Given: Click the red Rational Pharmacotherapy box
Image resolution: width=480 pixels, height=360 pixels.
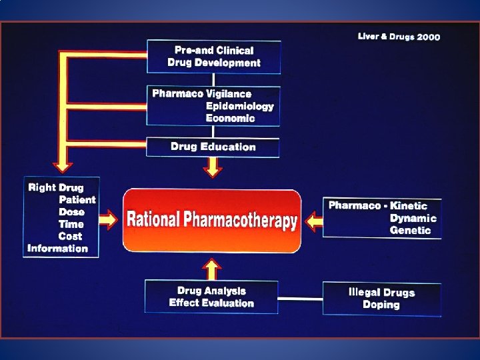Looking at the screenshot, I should tap(212, 220).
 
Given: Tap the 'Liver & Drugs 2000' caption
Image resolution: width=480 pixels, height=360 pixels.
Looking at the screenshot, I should tap(399, 37).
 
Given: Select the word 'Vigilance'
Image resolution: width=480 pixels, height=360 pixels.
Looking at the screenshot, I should tap(229, 94).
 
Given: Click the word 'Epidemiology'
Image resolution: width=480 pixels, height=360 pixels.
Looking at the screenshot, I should tap(239, 106).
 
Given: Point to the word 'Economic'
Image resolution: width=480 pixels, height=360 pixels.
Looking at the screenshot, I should tap(230, 118).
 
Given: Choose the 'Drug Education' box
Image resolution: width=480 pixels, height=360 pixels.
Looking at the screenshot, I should tap(213, 147).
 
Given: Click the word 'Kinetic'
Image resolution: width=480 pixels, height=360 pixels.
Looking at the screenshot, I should tap(409, 206).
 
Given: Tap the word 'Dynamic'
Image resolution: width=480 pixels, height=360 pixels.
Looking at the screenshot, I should tap(413, 218).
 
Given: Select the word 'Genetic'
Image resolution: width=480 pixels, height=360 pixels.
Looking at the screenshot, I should tap(410, 230).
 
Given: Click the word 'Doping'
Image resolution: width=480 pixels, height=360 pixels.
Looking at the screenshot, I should tap(381, 305).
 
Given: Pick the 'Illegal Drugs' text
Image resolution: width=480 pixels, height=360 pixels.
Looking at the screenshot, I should tap(381, 292).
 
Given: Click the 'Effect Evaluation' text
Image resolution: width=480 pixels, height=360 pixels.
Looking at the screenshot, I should tap(211, 303).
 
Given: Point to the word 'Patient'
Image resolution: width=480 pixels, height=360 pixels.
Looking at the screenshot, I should tap(77, 199).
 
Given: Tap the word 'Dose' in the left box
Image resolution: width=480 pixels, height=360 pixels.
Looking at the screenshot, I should tap(71, 211).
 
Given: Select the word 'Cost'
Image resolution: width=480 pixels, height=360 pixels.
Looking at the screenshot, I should tap(70, 236).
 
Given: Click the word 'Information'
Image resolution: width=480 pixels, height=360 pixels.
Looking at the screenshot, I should tap(58, 248).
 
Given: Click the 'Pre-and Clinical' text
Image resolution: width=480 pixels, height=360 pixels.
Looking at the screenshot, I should tap(214, 50).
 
